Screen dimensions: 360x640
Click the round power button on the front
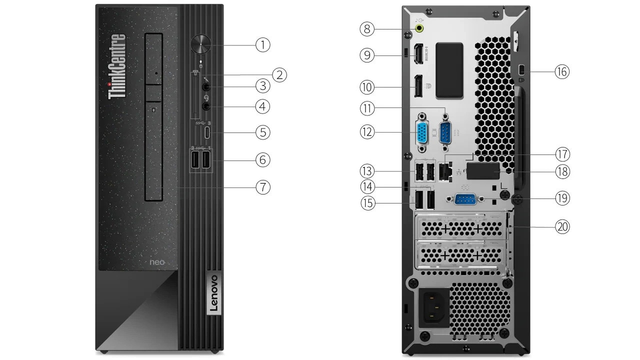point(201,44)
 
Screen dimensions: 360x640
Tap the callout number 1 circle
point(262,44)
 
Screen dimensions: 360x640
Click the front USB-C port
point(207,133)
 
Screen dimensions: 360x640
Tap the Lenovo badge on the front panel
point(212,294)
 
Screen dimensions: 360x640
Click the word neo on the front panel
point(157,261)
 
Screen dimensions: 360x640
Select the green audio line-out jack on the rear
point(419,28)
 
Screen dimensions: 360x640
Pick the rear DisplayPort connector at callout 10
point(416,86)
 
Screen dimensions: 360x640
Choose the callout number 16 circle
point(562,72)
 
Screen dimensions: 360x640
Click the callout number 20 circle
point(562,226)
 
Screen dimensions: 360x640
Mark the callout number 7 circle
point(262,187)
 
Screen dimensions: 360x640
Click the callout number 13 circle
point(367,171)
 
